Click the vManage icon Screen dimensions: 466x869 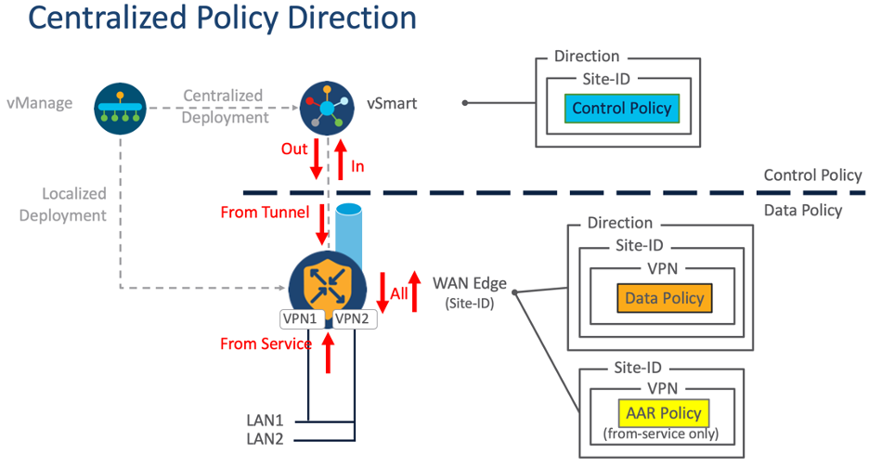click(x=121, y=108)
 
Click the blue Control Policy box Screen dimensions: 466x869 click(x=621, y=109)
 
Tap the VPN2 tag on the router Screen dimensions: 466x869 click(x=352, y=317)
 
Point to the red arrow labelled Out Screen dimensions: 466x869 click(x=317, y=159)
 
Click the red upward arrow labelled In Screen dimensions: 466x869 click(x=340, y=157)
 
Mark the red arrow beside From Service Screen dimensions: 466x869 click(x=327, y=354)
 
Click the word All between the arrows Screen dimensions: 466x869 click(x=399, y=293)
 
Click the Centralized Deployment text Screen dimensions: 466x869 click(x=223, y=106)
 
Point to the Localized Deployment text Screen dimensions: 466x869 click(x=74, y=204)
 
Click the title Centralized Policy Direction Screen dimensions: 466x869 click(x=209, y=19)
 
